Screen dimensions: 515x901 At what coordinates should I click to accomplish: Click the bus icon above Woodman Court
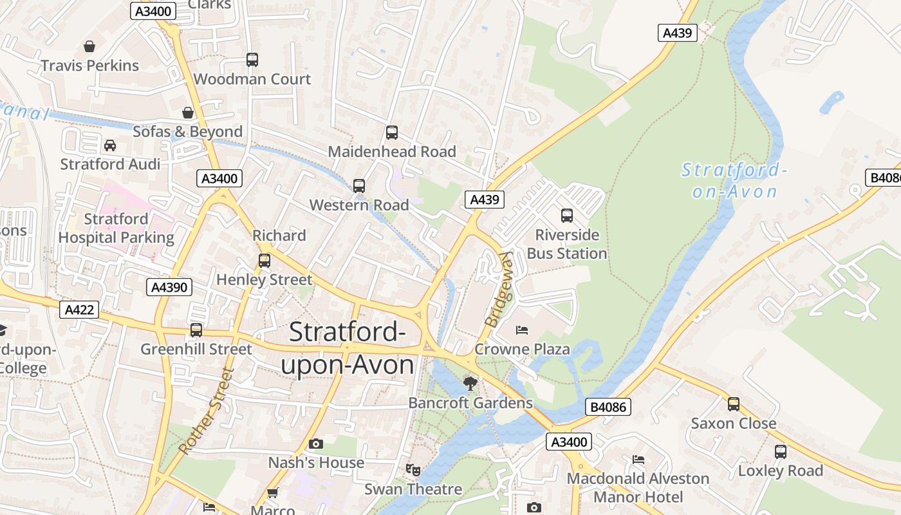tap(252, 60)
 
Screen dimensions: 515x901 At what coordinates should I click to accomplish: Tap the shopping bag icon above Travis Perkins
tap(89, 46)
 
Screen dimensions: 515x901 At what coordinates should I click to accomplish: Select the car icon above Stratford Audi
tap(110, 145)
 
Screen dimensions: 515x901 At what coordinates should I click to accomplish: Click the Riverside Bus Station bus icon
tap(567, 216)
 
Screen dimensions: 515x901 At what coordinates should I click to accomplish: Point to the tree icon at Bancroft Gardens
tap(470, 384)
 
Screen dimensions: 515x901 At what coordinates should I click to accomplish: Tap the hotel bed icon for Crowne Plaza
tap(522, 330)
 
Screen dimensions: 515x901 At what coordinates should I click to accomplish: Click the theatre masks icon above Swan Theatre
tap(413, 470)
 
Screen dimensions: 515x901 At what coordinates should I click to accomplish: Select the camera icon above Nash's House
tap(315, 444)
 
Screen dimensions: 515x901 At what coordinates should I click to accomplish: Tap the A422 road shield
tap(80, 310)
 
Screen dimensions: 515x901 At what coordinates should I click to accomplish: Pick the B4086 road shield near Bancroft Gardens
tap(608, 407)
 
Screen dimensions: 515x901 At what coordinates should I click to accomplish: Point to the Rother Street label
tap(204, 411)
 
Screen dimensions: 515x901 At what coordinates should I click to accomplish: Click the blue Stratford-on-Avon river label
tap(734, 181)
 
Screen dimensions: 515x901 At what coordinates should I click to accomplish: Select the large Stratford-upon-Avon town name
tap(348, 348)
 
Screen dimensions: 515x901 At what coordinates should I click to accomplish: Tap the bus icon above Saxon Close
tap(734, 404)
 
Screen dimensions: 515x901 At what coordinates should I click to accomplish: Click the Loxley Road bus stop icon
tap(781, 451)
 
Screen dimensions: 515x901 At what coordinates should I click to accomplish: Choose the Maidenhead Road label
tap(392, 152)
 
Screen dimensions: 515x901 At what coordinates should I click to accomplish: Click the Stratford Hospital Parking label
tap(116, 229)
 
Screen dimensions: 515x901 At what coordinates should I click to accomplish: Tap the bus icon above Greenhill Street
tap(196, 330)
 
